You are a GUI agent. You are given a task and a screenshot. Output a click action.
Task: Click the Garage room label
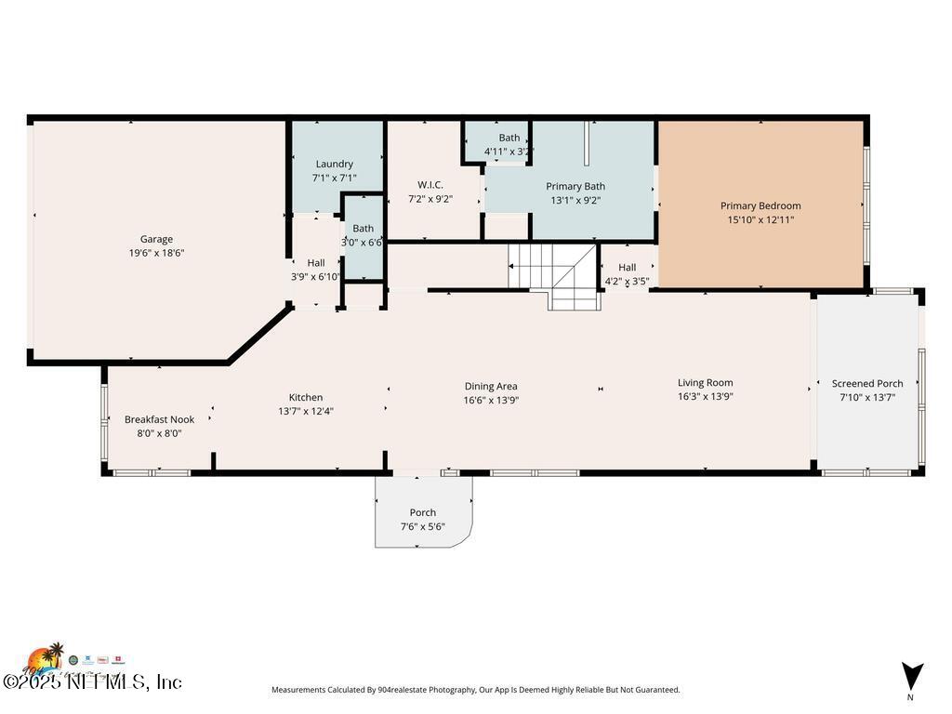pyautogui.click(x=156, y=239)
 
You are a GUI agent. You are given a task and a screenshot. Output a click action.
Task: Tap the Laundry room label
pyautogui.click(x=334, y=165)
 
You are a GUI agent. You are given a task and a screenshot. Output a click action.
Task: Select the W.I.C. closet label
pyautogui.click(x=430, y=184)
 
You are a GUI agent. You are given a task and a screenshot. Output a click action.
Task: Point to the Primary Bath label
pyautogui.click(x=575, y=186)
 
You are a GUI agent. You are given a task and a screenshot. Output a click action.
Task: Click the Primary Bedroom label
pyautogui.click(x=760, y=206)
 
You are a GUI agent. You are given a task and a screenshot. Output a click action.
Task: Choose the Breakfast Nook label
pyautogui.click(x=159, y=419)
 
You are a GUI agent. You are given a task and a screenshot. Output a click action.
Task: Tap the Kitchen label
pyautogui.click(x=305, y=397)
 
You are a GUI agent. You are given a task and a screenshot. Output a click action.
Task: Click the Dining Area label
pyautogui.click(x=491, y=386)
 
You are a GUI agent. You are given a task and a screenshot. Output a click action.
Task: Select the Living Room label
pyautogui.click(x=705, y=382)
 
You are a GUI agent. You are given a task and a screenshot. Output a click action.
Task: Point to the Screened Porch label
pyautogui.click(x=866, y=383)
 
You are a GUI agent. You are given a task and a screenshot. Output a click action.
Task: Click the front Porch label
pyautogui.click(x=422, y=512)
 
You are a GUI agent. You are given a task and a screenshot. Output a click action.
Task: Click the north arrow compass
pyautogui.click(x=911, y=677)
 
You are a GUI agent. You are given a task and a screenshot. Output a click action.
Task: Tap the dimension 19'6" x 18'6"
pyautogui.click(x=156, y=253)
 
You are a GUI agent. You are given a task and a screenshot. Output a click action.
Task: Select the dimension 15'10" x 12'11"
pyautogui.click(x=760, y=220)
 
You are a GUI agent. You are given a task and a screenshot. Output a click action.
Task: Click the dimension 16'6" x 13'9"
pyautogui.click(x=491, y=401)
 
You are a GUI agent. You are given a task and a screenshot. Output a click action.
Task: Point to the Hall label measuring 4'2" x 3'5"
pyautogui.click(x=627, y=268)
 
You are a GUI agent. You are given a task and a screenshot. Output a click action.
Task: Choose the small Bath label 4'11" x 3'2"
pyautogui.click(x=509, y=138)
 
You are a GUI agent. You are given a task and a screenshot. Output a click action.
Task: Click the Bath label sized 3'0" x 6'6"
pyautogui.click(x=363, y=229)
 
